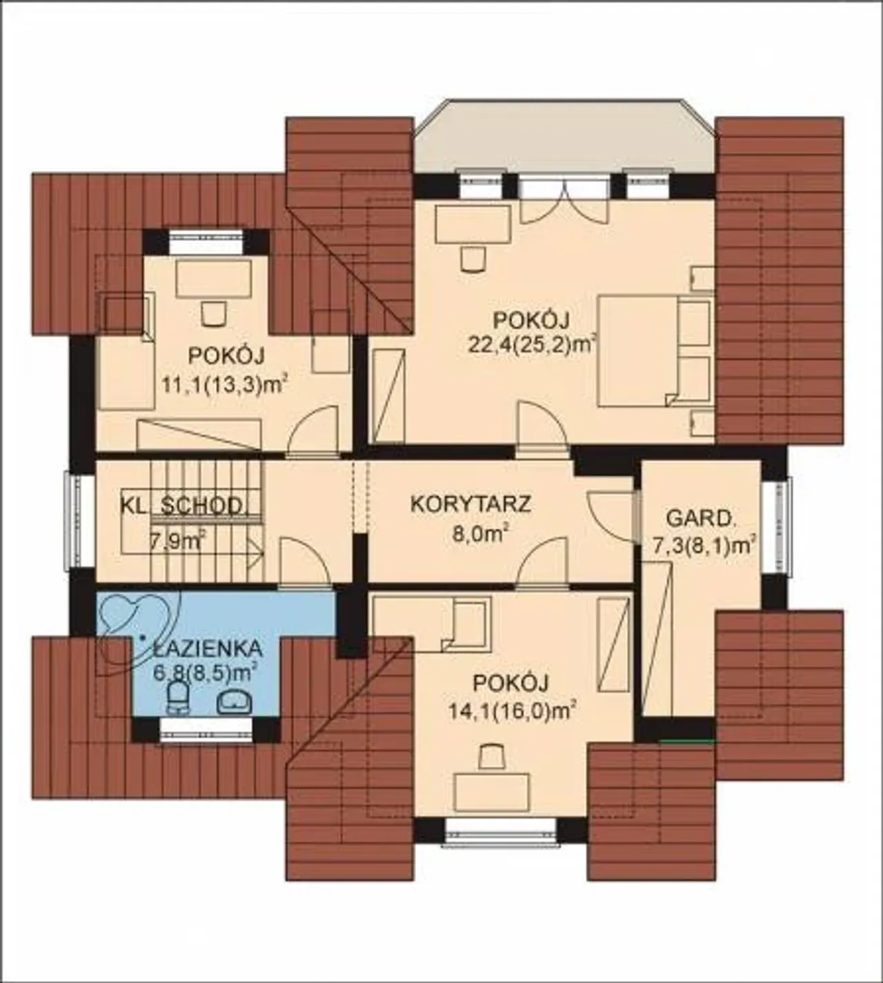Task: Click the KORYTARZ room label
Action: (x=470, y=504)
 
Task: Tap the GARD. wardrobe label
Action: (x=701, y=519)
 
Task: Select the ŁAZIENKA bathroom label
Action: (x=208, y=649)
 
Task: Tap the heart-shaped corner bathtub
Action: (x=138, y=630)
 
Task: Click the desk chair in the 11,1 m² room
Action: (x=213, y=313)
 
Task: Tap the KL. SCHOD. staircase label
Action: (x=181, y=506)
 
